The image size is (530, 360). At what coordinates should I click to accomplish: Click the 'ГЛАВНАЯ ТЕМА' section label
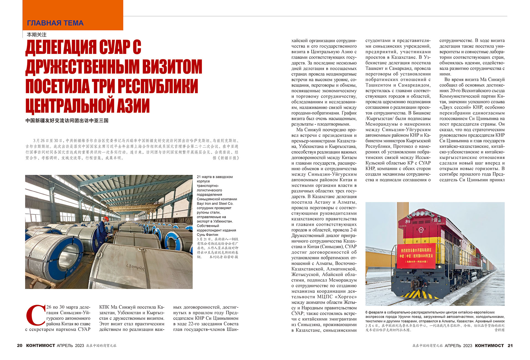tap(55, 23)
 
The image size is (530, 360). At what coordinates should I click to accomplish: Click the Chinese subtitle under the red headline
tap(67, 120)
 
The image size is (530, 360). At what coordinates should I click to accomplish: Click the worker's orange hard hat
tap(106, 219)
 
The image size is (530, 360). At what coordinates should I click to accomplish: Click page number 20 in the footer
tap(20, 345)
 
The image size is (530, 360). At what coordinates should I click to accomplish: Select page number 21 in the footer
tap(510, 345)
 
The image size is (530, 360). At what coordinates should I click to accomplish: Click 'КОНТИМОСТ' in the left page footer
tap(41, 345)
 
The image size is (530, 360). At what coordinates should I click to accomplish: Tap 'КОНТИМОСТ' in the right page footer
tap(489, 345)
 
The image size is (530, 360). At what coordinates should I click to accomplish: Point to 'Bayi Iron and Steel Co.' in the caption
tap(215, 204)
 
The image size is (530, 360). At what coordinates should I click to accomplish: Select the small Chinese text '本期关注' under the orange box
tap(36, 35)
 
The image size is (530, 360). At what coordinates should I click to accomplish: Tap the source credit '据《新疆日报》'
tap(226, 158)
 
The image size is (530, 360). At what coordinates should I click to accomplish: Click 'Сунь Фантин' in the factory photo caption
tap(207, 235)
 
